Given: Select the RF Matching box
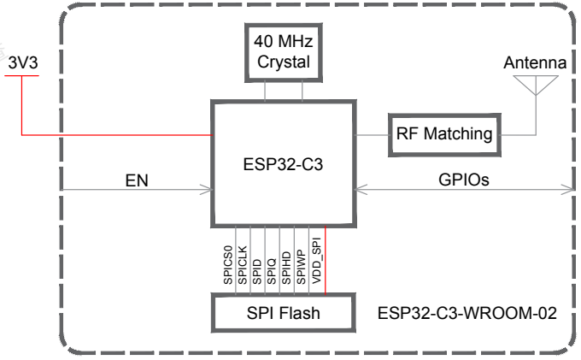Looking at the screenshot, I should pyautogui.click(x=444, y=133).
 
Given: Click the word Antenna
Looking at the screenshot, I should pyautogui.click(x=535, y=62).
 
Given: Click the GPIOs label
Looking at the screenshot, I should pyautogui.click(x=463, y=180).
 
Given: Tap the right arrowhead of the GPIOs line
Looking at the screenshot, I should pyautogui.click(x=568, y=189).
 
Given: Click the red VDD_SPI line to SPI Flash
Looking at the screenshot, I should pyautogui.click(x=326, y=269).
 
